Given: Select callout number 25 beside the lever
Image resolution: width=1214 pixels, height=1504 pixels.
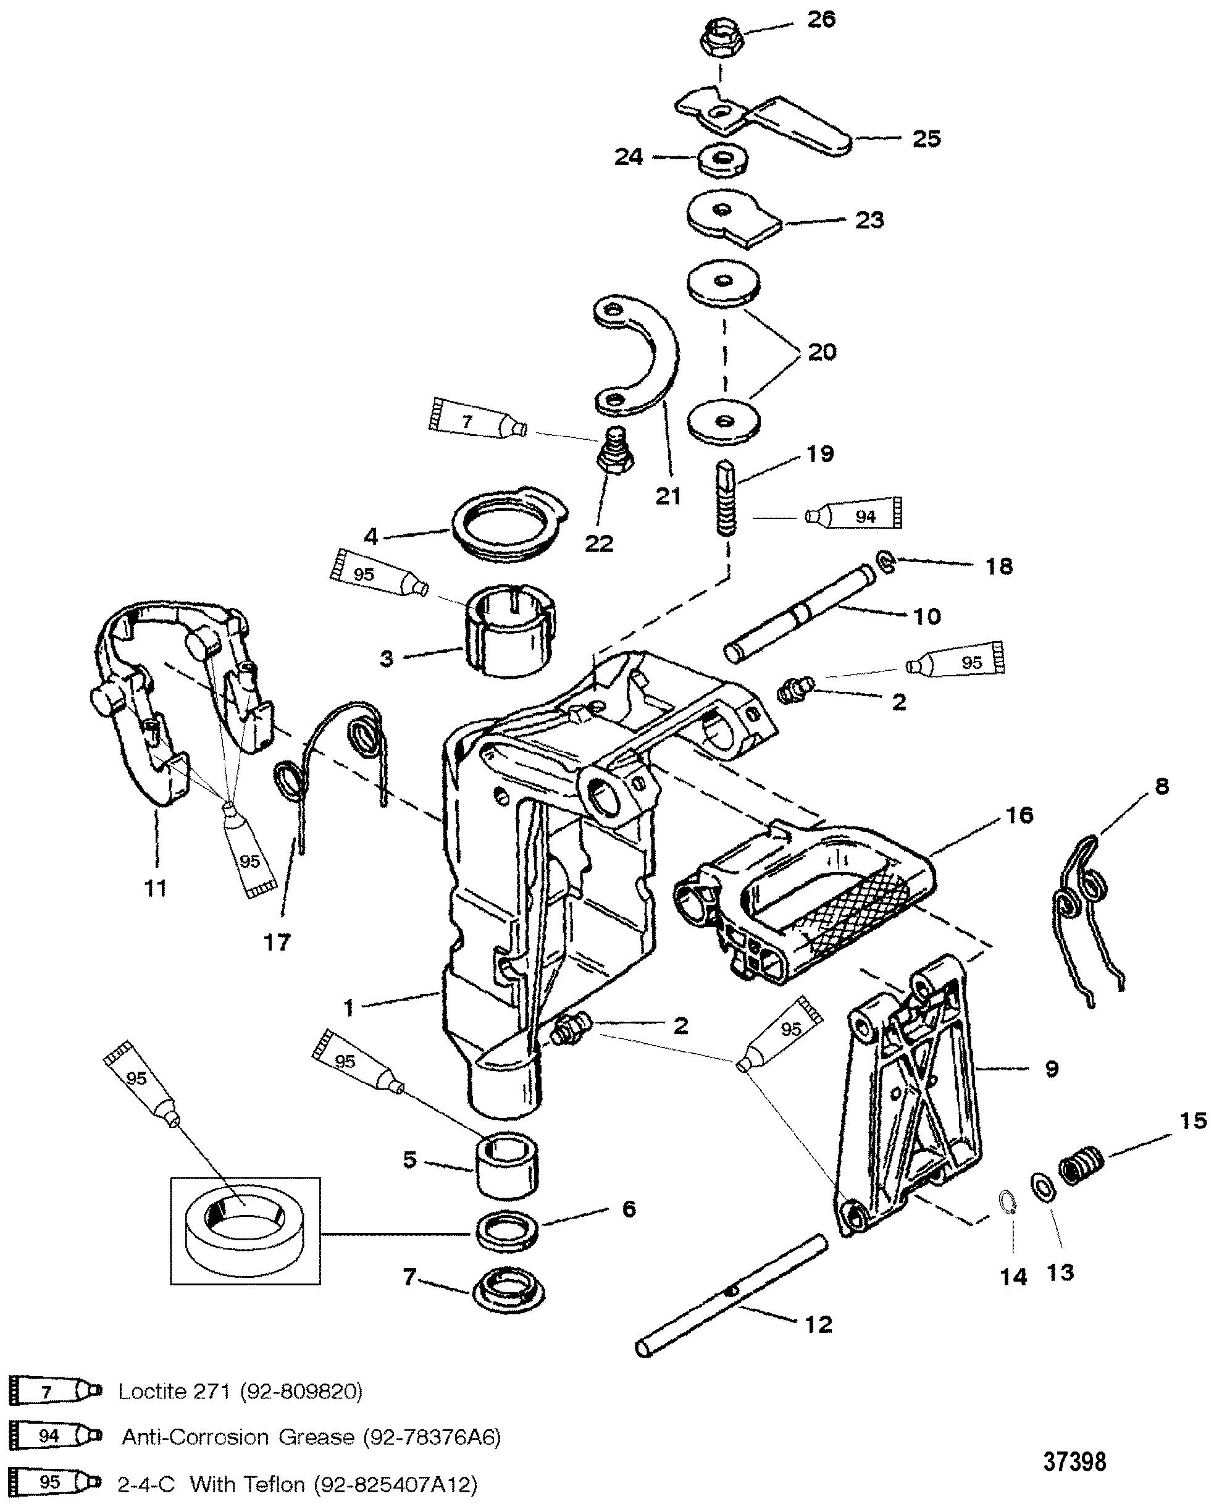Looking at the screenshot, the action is point(927,138).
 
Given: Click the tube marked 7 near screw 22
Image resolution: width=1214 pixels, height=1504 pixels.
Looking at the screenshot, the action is point(475,422).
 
